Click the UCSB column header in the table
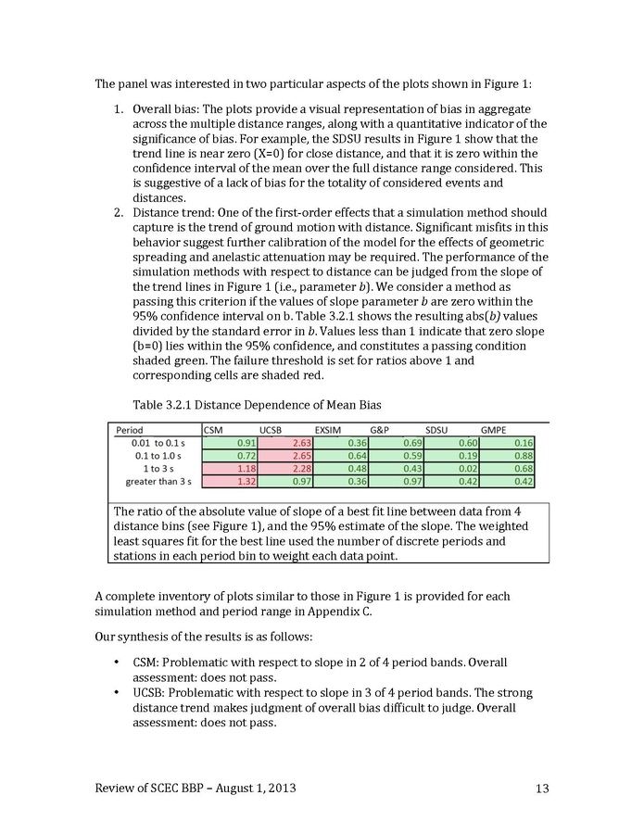point(271,430)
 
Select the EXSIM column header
point(328,430)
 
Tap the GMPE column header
point(494,430)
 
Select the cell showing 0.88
point(524,456)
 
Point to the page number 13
point(542,789)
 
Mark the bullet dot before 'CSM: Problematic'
point(116,663)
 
